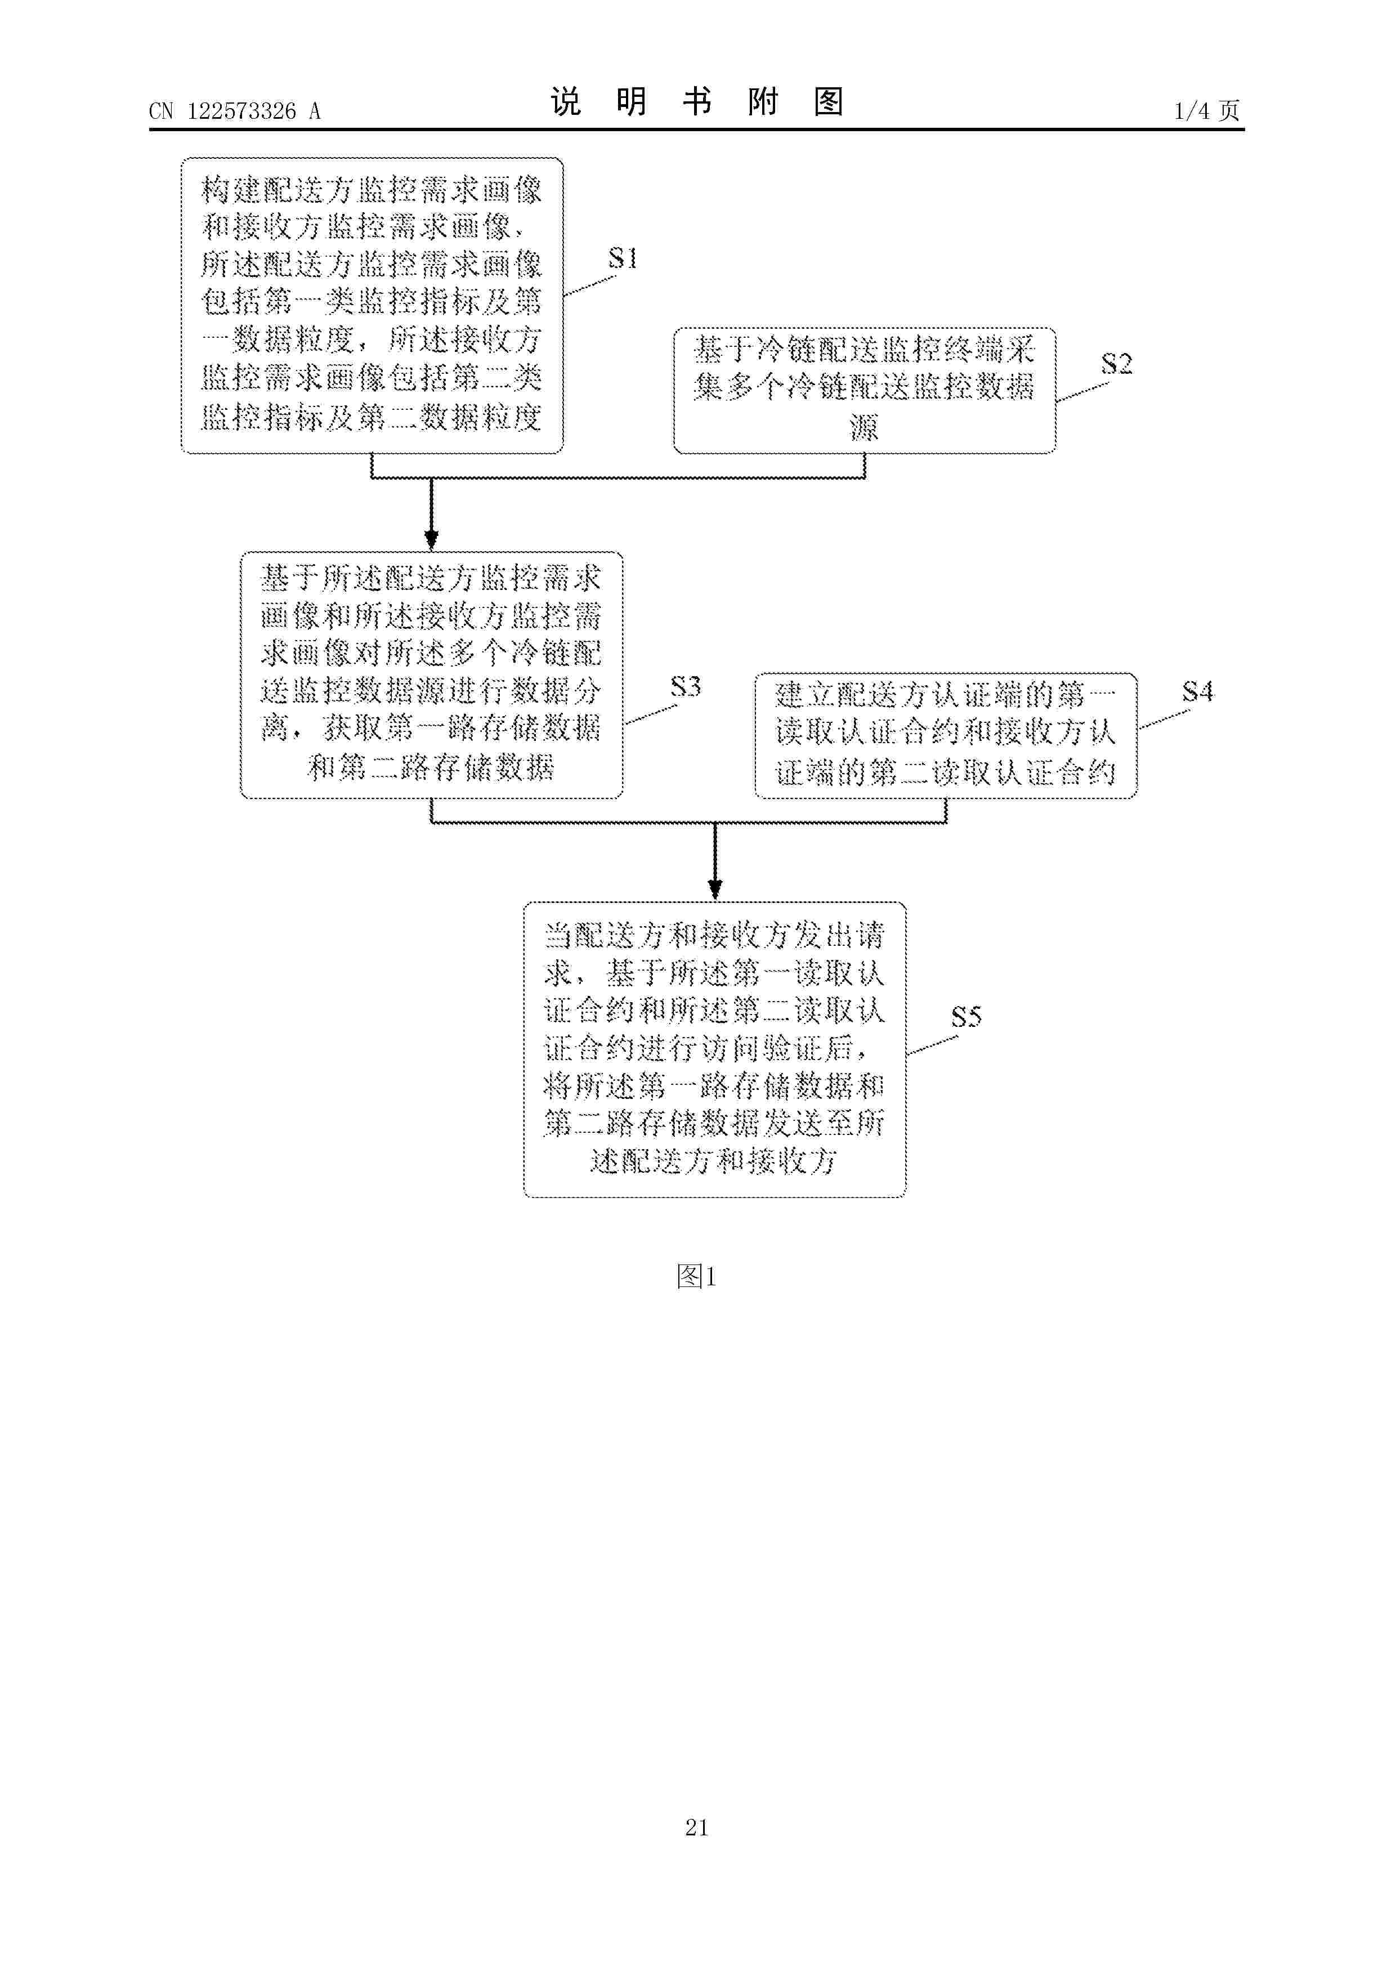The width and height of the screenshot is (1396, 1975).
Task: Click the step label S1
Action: (623, 258)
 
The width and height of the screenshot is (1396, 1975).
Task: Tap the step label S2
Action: (1116, 364)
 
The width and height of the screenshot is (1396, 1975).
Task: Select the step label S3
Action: (686, 686)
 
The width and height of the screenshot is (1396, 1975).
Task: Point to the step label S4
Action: (1197, 691)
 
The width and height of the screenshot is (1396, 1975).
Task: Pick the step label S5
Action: (966, 1017)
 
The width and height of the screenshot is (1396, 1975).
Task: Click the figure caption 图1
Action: (697, 1276)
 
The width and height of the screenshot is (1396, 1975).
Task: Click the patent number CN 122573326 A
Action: (235, 111)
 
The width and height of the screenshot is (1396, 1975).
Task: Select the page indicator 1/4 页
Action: (1207, 110)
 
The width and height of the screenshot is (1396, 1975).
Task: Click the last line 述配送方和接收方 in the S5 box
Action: (714, 1161)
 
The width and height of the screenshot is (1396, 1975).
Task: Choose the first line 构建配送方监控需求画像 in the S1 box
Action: (372, 189)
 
